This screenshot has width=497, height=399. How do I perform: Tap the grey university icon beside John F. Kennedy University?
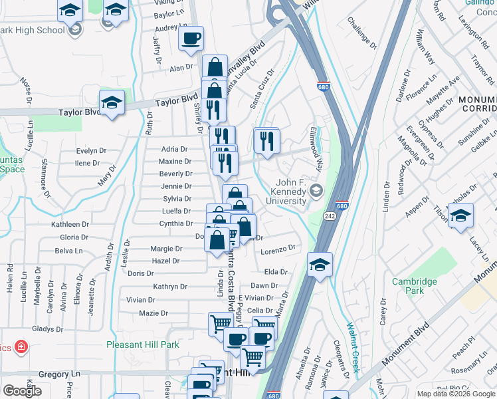point(316,190)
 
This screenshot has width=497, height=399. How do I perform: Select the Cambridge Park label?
point(414,286)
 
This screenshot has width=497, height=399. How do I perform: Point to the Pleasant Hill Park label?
point(143,344)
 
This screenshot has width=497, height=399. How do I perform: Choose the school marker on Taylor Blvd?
point(112,102)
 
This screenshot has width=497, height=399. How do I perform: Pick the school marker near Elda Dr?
point(320,265)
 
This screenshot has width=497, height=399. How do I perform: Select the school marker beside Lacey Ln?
point(460,217)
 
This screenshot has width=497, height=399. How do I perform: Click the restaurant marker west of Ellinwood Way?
point(266,141)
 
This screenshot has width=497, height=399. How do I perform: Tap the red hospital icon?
point(21,347)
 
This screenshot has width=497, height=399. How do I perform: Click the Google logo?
point(22,390)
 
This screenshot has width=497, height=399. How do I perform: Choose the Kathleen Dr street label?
point(70,225)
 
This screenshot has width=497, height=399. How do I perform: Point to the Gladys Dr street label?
point(47,329)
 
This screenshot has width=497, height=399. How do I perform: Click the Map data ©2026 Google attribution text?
point(456,394)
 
